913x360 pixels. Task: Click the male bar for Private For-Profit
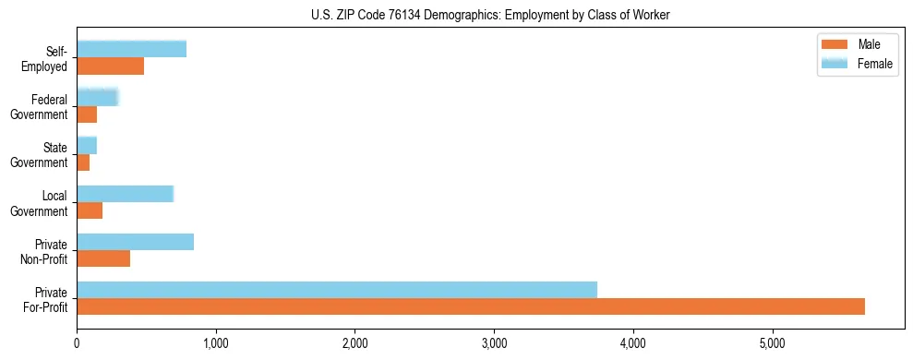(471, 306)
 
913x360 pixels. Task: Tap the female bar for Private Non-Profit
(136, 242)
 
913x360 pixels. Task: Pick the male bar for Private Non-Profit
(103, 258)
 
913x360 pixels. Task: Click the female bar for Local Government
(126, 194)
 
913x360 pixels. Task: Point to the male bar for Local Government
(90, 210)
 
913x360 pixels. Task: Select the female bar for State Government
(87, 145)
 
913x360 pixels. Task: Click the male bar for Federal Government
(87, 114)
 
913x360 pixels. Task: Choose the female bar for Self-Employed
(132, 49)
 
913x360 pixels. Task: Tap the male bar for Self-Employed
(111, 66)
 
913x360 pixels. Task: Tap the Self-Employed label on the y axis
(50, 58)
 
